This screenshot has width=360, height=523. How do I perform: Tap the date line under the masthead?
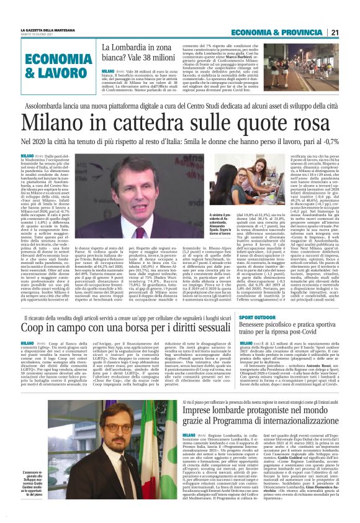(41, 35)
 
